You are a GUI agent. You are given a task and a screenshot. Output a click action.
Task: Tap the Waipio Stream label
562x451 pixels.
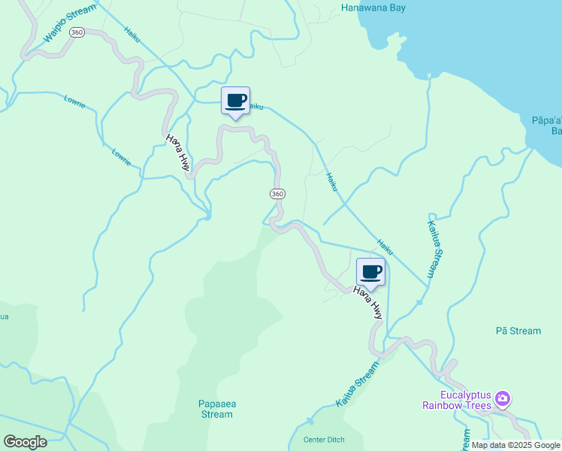70,23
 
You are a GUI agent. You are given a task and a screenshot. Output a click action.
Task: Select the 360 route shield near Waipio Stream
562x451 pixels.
76,33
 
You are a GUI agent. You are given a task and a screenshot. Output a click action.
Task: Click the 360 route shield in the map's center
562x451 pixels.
277,194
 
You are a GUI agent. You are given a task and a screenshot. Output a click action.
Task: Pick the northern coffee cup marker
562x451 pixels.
236,101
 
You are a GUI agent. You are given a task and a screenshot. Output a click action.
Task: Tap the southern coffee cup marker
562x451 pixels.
370,271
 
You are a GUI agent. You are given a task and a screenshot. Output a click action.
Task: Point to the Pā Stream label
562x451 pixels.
518,331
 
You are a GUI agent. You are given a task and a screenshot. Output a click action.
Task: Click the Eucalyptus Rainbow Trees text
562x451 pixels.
466,401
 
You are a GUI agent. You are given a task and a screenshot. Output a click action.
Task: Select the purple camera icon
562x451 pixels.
503,398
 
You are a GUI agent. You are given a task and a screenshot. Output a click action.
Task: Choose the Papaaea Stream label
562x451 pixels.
217,409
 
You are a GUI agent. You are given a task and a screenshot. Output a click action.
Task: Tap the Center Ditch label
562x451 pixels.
322,440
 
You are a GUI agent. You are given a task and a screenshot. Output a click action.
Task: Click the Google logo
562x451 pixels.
25,441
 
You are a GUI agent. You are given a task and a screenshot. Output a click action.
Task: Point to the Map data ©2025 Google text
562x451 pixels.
515,445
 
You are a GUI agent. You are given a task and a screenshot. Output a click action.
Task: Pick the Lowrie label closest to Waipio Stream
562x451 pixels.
75,100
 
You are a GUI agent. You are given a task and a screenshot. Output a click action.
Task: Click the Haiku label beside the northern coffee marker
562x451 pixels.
255,107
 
